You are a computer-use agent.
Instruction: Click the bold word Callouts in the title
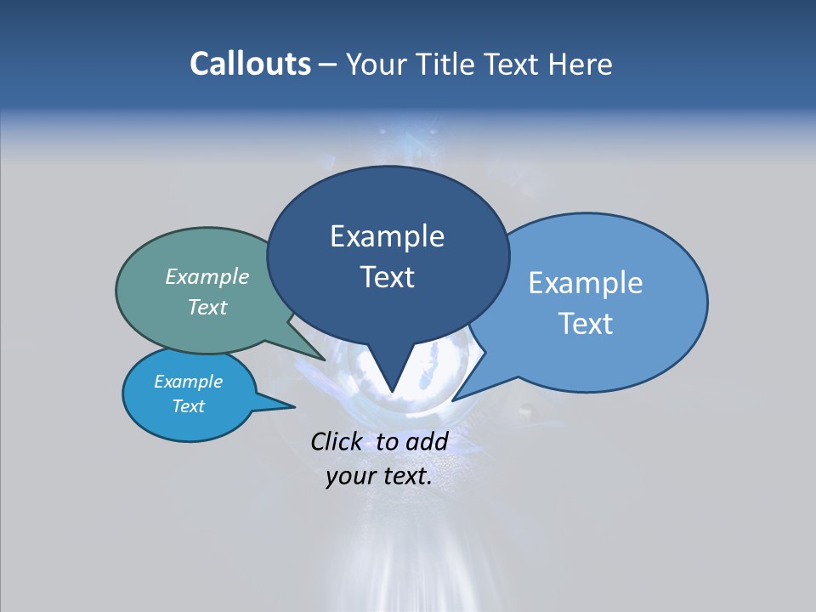pos(250,64)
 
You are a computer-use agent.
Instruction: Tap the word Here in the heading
pos(581,64)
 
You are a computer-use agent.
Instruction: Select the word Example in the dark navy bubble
pos(387,236)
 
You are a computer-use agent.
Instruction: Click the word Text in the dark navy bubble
pos(387,277)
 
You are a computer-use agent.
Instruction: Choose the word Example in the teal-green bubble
pos(207,277)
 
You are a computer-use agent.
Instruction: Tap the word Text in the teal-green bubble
pos(207,308)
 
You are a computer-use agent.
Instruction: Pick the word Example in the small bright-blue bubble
pos(189,382)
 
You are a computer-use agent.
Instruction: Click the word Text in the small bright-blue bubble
pos(189,406)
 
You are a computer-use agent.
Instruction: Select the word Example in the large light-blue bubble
pos(586,283)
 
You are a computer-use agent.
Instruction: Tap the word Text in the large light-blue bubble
pos(586,324)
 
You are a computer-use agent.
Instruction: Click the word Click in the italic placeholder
pos(337,441)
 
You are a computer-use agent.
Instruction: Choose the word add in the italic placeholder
pos(427,441)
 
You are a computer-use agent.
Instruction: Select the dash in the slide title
pos(328,65)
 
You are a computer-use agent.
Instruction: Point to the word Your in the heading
pos(375,64)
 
